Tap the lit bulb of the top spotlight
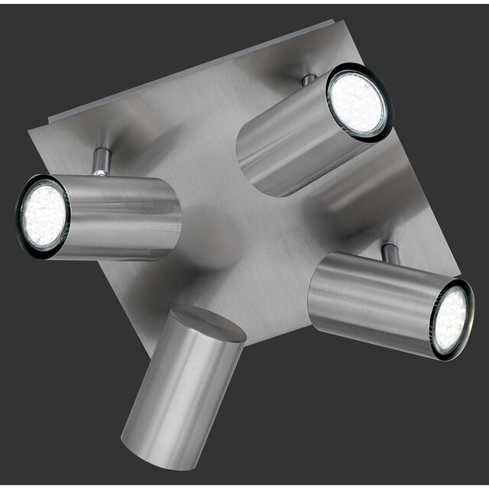click(357, 102)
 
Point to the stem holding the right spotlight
click(390, 252)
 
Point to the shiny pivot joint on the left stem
click(99, 172)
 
